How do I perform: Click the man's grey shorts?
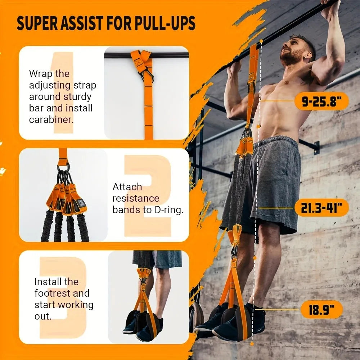(274, 180)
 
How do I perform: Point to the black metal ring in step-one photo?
(148, 76)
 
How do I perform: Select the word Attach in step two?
(127, 187)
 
